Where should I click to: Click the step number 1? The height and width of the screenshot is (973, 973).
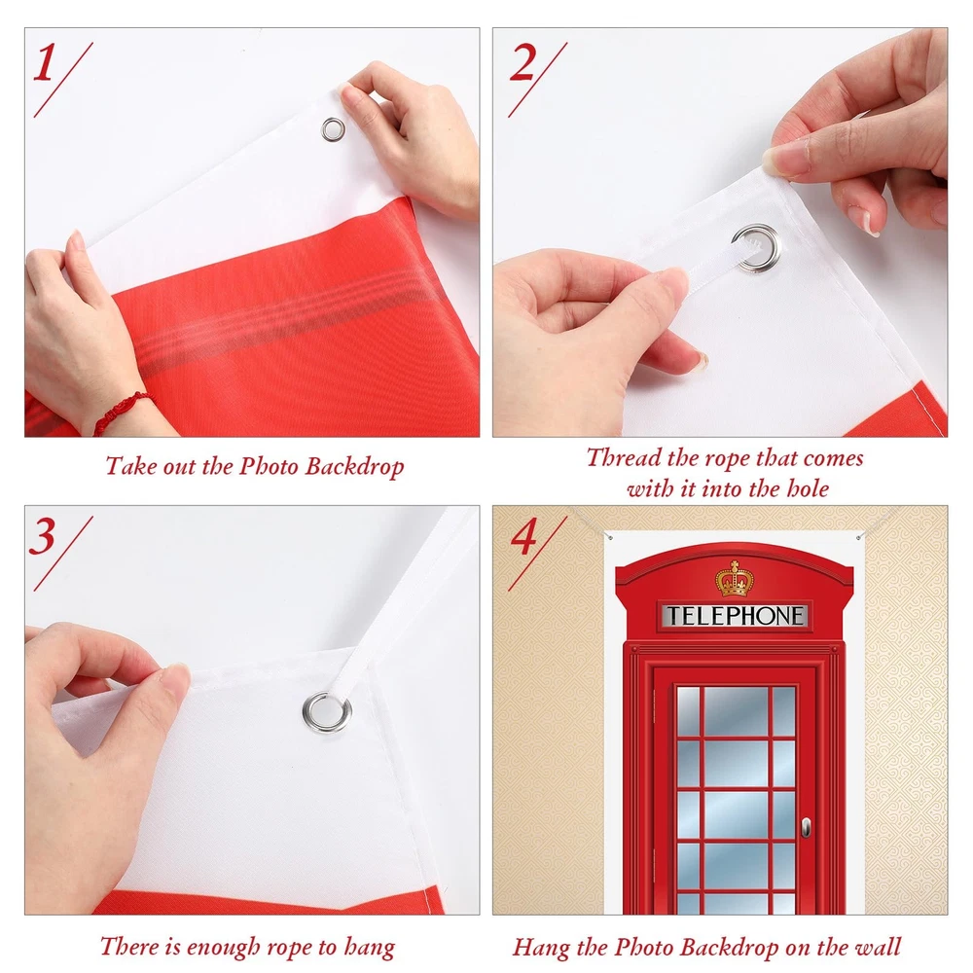click(45, 63)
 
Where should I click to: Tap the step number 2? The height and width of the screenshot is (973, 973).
click(523, 63)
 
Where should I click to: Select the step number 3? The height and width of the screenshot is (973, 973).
click(43, 537)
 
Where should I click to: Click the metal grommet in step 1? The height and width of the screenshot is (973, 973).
click(333, 129)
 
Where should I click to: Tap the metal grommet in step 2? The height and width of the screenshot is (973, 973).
click(756, 248)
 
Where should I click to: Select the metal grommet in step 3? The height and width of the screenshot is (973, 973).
click(326, 712)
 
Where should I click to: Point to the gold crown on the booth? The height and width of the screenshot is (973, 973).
click(734, 578)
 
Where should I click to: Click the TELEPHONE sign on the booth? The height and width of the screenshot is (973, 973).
click(735, 616)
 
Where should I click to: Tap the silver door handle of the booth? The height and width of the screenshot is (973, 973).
click(806, 827)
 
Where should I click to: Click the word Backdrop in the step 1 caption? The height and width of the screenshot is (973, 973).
click(354, 467)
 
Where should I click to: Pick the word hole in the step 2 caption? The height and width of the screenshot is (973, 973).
click(808, 488)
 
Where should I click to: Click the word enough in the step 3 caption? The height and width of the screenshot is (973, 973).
click(224, 948)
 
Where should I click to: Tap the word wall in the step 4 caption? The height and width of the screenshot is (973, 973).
click(878, 947)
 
